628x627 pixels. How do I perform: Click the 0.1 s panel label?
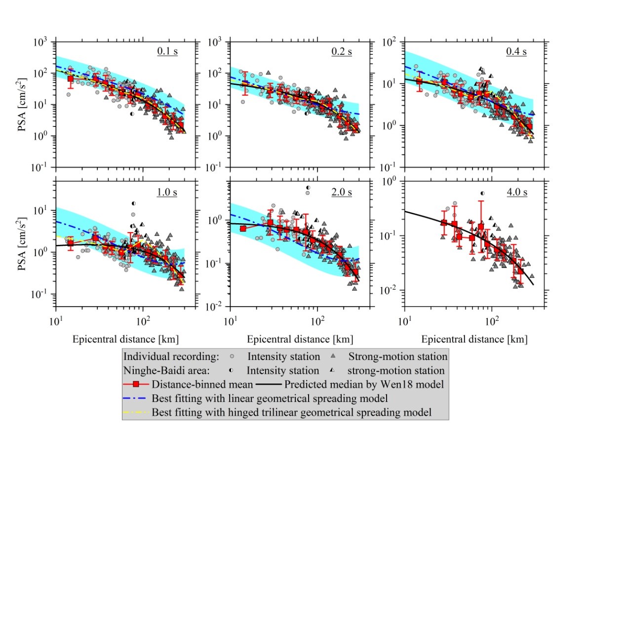click(x=167, y=51)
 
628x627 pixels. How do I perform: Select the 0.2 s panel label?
click(x=342, y=51)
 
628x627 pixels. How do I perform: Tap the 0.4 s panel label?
click(x=516, y=51)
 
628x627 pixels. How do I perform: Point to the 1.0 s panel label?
click(x=167, y=192)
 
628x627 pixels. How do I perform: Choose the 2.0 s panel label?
click(x=342, y=192)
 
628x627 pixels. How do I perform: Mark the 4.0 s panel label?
click(x=517, y=192)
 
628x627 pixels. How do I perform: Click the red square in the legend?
click(x=136, y=384)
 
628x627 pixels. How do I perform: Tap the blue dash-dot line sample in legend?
click(x=136, y=398)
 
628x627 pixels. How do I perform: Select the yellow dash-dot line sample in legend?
click(x=136, y=412)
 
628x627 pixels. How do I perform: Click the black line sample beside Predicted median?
click(x=269, y=384)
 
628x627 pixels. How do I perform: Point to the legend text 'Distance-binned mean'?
click(x=202, y=384)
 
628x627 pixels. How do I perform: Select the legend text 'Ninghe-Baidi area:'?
click(x=166, y=370)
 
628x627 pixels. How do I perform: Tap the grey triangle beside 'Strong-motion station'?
click(x=333, y=356)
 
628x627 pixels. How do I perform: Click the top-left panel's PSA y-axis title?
click(x=22, y=105)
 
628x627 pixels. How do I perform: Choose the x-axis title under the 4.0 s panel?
click(x=474, y=339)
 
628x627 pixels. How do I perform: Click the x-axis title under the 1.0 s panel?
click(x=125, y=339)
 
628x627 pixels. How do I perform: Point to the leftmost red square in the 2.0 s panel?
click(x=243, y=229)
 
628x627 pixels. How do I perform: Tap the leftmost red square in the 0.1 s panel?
click(x=71, y=79)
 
